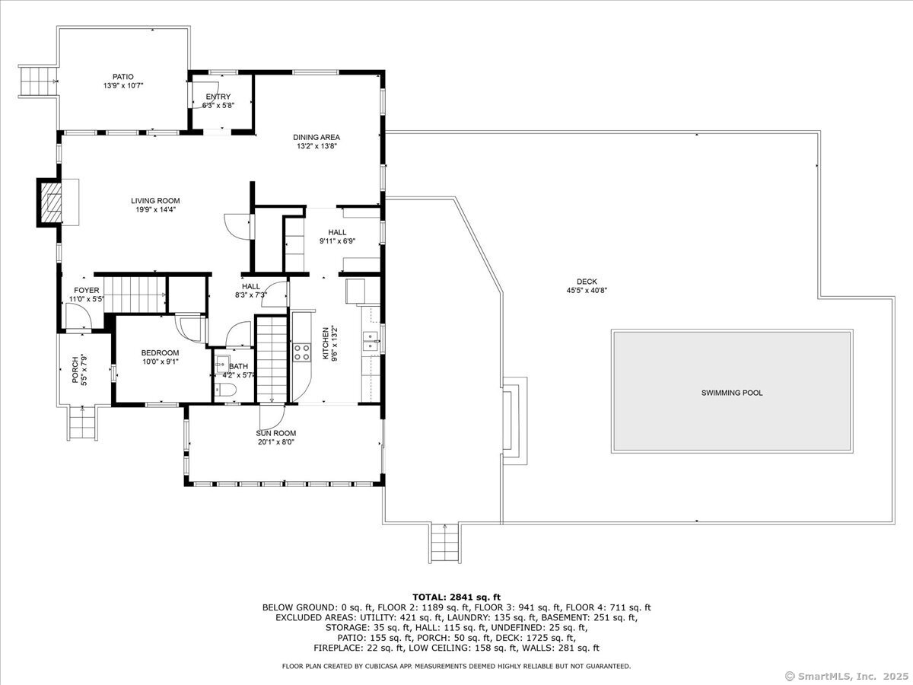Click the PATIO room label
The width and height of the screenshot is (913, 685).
pos(123,77)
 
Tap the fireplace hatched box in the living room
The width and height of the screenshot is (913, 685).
pos(51,202)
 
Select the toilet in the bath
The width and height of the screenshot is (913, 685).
pos(225,390)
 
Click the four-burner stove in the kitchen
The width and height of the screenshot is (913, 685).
pos(302,352)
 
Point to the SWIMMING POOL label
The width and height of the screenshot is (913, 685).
pos(732,393)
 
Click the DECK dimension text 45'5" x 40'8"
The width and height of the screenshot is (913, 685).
pos(587,291)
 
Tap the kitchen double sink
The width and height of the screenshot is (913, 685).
pos(371,341)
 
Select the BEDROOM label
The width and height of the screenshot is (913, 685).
pos(160,352)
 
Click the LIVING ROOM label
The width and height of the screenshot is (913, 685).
pos(155,201)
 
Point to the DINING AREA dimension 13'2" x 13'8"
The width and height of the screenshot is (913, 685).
pos(317,146)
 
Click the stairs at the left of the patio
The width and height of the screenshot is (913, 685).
pos(37,81)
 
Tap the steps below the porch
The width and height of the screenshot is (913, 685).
pos(83,422)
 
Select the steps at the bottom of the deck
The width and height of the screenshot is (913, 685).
pos(444,543)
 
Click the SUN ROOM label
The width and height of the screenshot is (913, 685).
pos(276,433)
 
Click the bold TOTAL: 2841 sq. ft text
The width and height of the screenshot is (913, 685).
pos(456,597)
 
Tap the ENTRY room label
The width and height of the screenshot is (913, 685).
pos(218,97)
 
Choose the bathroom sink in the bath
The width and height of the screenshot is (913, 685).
pos(221,364)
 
